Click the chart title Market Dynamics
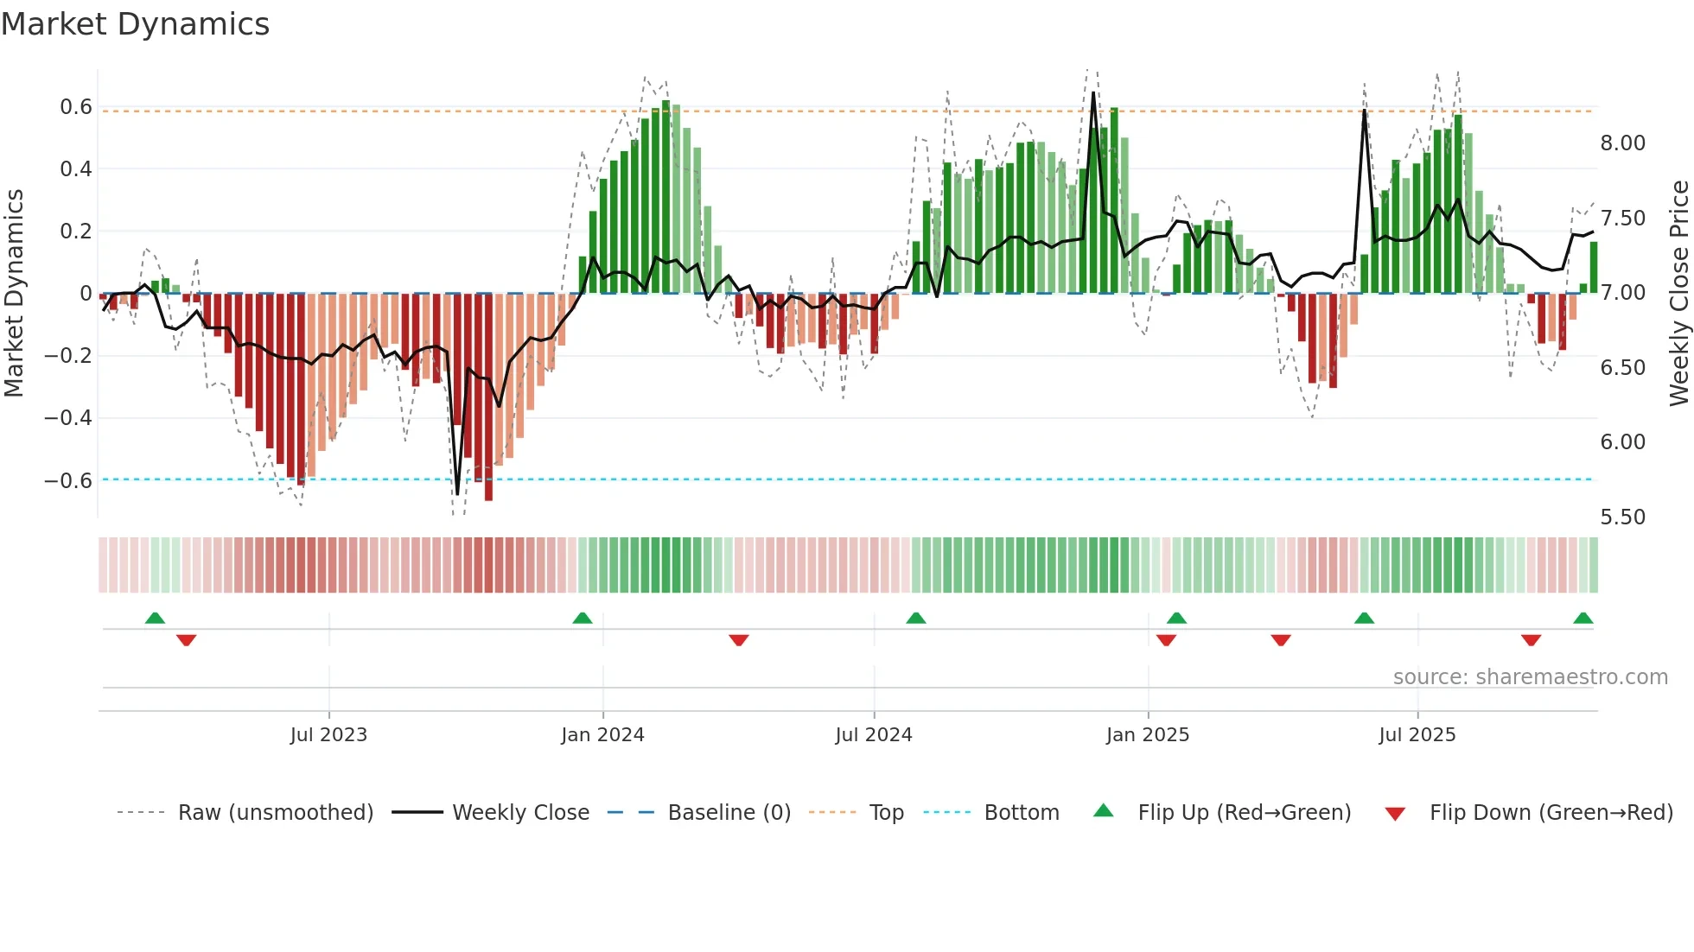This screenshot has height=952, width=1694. pos(136,24)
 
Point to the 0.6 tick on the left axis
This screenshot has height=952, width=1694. pos(76,107)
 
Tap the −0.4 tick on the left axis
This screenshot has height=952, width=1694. pos(68,418)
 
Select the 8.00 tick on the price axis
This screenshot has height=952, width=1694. pos(1622,143)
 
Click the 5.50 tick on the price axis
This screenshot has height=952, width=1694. pos(1622,517)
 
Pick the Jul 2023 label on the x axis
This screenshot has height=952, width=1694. pos(328,735)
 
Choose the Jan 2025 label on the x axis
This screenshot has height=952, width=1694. pos(1147,735)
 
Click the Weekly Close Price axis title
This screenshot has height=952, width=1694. pos(1678,294)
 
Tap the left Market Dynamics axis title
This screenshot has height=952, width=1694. pos(14,294)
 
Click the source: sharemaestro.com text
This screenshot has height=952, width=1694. pos(1530,677)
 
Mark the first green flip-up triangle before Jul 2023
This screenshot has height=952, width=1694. pos(155,619)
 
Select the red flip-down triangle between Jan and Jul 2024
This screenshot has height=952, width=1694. pos(738,640)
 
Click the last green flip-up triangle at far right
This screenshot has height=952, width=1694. pos(1583,619)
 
